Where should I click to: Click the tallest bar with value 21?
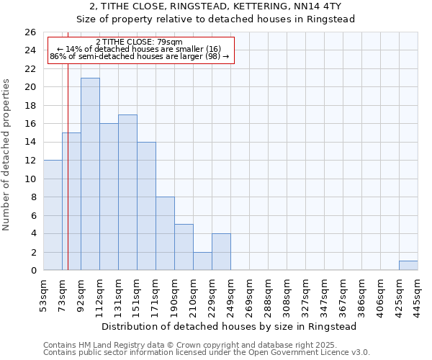point(90,174)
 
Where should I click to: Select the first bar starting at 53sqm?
point(53,215)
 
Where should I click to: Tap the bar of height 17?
point(127,192)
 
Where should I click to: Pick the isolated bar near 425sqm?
point(408,266)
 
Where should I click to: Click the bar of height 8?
point(165,233)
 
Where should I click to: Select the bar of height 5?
point(184,247)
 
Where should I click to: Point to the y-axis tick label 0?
point(32,271)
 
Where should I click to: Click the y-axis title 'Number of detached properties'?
point(9,166)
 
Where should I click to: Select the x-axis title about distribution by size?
point(230,326)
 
